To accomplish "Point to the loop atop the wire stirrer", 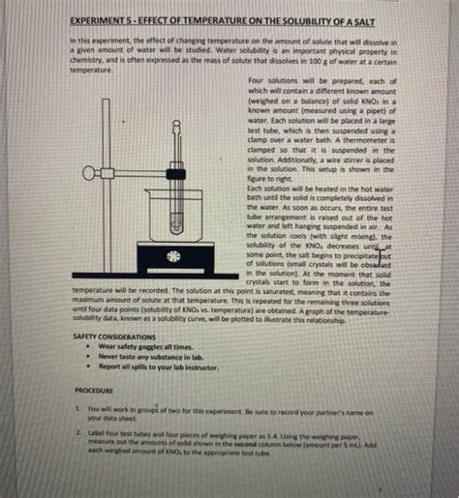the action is tap(177, 123).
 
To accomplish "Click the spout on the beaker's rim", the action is tap(149, 191).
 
